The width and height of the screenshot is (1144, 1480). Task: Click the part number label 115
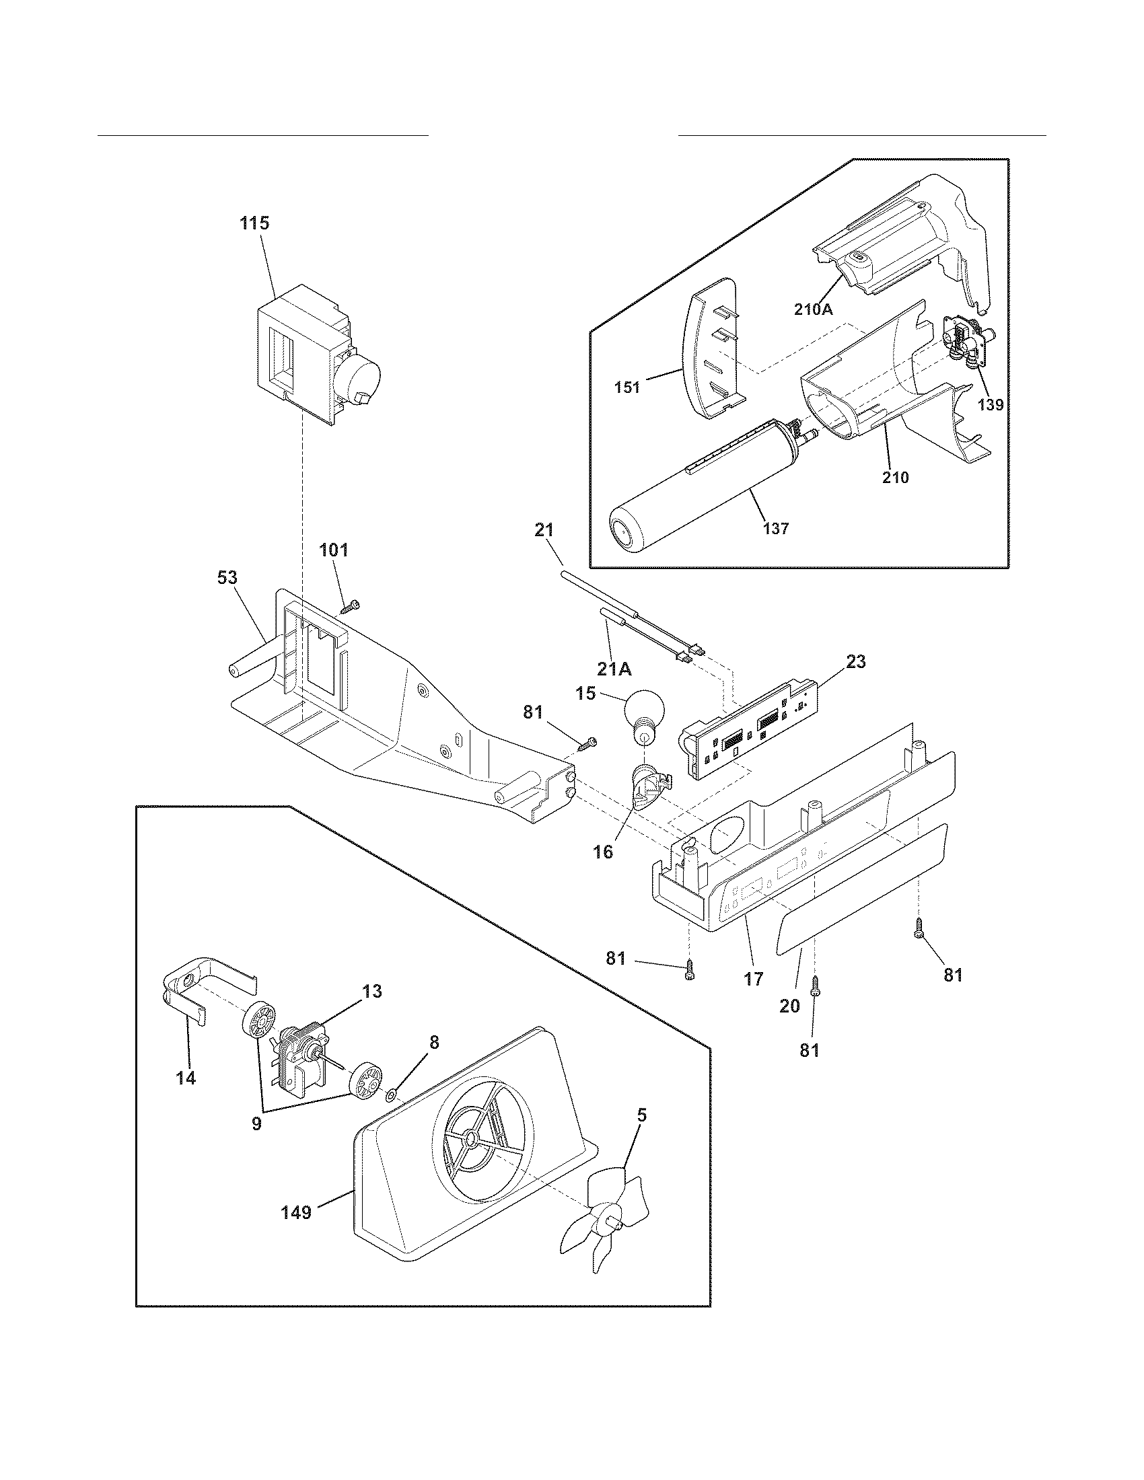(x=255, y=223)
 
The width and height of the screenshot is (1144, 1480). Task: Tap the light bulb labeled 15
(x=642, y=714)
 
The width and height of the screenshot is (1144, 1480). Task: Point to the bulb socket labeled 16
(x=649, y=788)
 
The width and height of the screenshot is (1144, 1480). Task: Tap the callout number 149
(x=296, y=1212)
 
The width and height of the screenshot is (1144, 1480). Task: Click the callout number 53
(x=227, y=578)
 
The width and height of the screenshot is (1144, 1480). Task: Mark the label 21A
(x=614, y=669)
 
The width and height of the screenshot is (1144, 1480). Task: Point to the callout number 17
(x=753, y=979)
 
